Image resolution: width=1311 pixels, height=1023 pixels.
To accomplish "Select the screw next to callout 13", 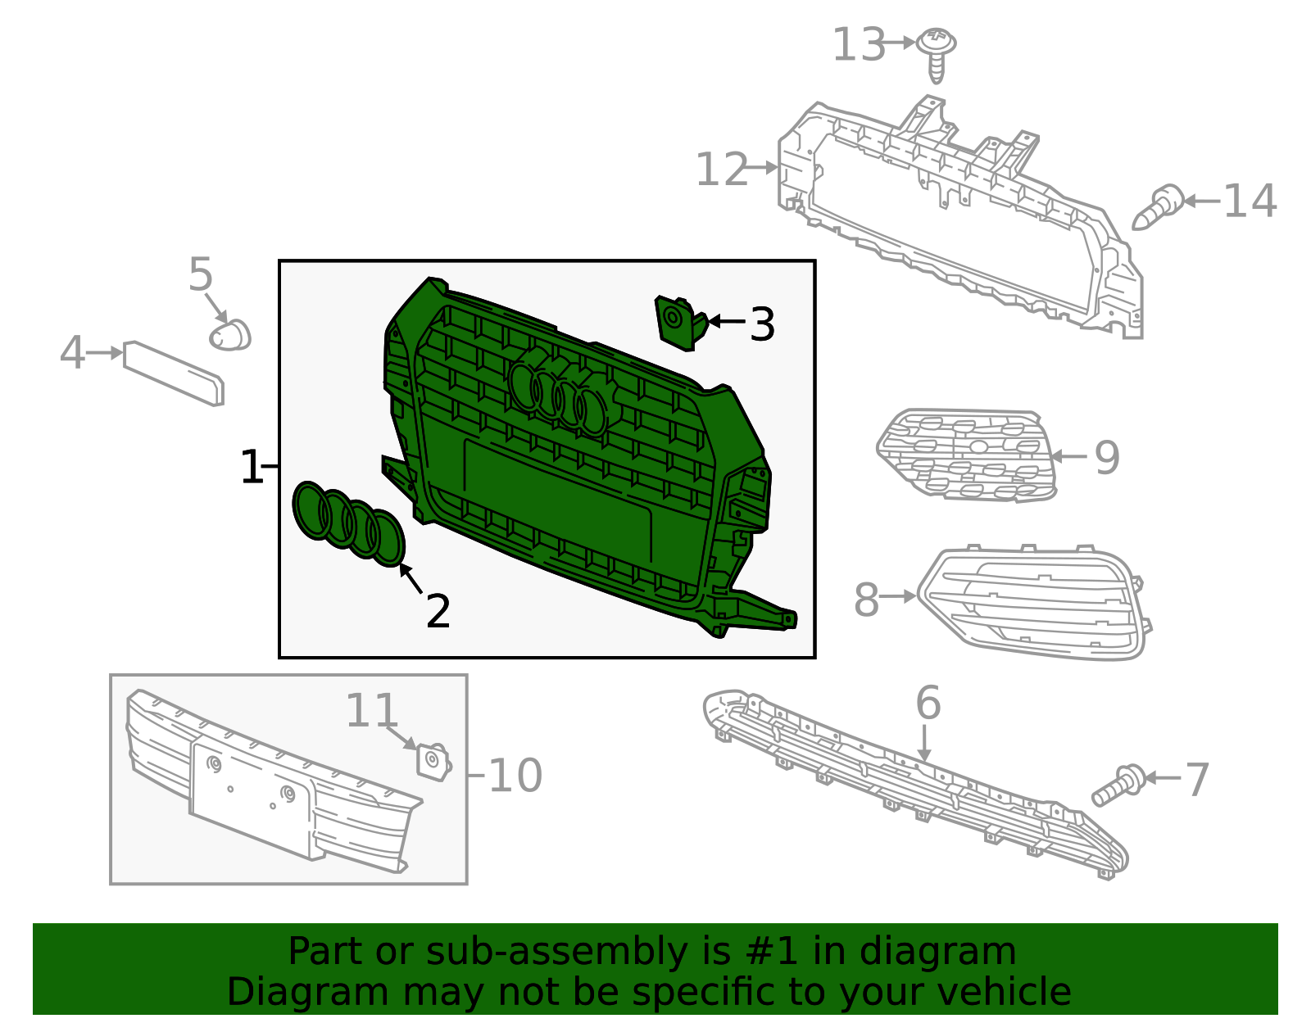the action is pos(935,54).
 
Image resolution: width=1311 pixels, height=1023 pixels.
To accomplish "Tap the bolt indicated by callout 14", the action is pos(1157,207).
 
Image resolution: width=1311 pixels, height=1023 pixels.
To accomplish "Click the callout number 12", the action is pos(722,170).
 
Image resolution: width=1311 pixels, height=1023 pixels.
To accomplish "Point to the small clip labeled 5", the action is pos(230,335).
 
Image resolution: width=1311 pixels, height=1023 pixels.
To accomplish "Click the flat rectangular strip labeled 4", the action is pos(174,373).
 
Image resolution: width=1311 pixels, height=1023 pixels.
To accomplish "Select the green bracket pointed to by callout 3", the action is pos(681,323).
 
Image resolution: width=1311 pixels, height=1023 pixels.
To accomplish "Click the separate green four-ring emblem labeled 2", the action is pos(348,524).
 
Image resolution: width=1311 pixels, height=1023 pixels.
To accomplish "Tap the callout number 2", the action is pos(438,611).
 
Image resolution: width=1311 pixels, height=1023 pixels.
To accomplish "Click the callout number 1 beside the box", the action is pos(252,466).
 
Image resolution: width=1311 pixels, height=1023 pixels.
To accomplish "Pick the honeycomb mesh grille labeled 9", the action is pos(967,455).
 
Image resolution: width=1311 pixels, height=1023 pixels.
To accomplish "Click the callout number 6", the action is pos(928,703).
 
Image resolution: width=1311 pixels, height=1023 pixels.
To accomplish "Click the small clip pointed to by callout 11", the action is pos(434,762).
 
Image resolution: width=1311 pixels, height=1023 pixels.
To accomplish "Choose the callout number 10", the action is pos(515,776).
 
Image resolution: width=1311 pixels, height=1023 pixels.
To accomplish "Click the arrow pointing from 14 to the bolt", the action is pos(1202,201).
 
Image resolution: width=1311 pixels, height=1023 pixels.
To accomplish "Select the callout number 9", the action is pos(1107,459).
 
